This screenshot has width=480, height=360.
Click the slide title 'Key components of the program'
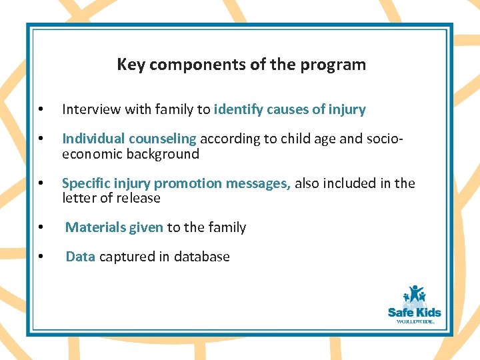241,65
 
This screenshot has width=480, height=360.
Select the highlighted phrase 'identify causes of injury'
289,109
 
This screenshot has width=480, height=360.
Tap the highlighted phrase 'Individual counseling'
129,139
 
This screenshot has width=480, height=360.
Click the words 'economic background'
131,154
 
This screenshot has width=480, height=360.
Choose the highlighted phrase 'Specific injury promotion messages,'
177,183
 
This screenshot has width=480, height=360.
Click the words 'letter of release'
111,198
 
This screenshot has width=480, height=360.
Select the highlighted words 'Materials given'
114,227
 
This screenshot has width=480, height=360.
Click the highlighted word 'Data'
80,257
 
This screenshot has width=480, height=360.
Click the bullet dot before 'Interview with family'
41,110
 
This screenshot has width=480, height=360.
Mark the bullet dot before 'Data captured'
41,257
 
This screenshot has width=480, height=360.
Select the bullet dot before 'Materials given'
41,228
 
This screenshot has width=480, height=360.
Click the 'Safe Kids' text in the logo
415,312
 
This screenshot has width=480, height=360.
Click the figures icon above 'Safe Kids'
414,295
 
